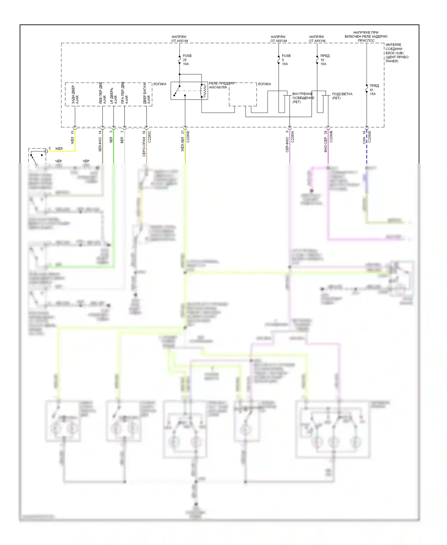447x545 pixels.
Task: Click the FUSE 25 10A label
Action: point(187,60)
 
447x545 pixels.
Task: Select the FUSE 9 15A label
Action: point(286,60)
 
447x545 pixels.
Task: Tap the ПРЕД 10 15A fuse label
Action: point(325,60)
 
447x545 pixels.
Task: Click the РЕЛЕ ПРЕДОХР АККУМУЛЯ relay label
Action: point(221,85)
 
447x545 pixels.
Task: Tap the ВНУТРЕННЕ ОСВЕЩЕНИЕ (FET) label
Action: point(303,98)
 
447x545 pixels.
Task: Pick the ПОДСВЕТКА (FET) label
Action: point(342,96)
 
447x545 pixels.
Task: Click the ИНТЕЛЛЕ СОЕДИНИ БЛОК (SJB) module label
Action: point(397,53)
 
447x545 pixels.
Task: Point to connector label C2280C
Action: point(150,137)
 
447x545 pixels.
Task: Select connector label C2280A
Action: point(293,137)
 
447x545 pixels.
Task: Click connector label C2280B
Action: point(331,137)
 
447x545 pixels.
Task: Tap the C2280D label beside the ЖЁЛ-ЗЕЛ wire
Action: point(188,137)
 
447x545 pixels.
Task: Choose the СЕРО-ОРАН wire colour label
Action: point(144,147)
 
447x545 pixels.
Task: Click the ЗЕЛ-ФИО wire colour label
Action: point(100,144)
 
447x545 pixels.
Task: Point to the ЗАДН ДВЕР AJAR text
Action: point(75,95)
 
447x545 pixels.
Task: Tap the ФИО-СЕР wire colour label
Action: point(326,145)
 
